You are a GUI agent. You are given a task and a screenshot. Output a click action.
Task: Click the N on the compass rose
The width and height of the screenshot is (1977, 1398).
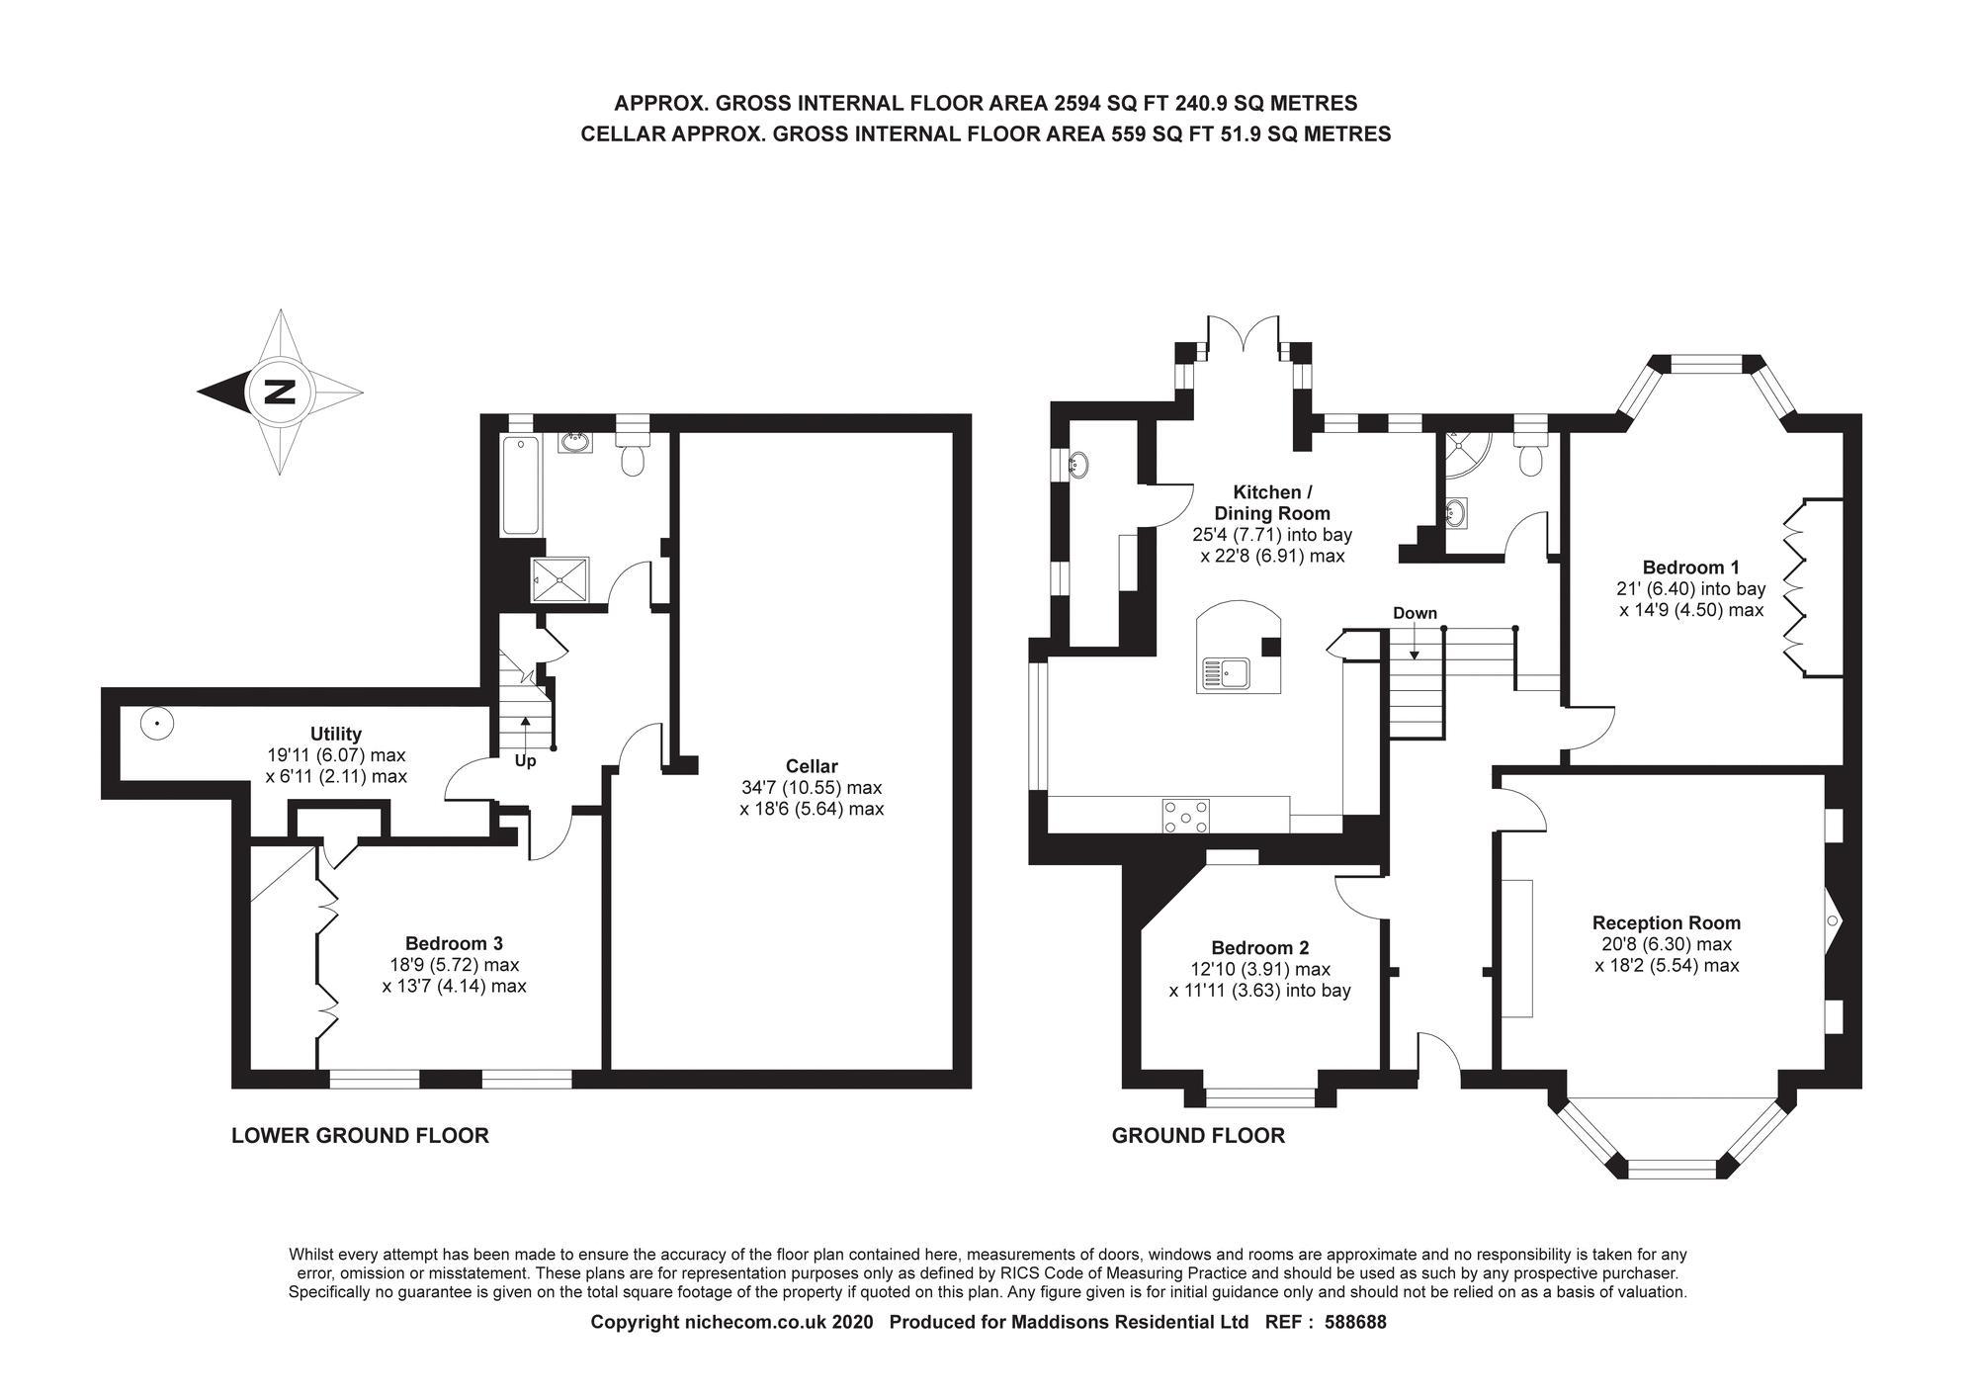tap(281, 393)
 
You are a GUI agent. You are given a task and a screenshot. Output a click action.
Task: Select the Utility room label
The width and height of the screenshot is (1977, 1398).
tap(335, 734)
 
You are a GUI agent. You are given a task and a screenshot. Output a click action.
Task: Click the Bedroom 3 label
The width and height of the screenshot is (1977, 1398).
tap(454, 943)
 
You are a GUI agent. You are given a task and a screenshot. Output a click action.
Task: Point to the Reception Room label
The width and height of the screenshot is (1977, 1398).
tap(1666, 922)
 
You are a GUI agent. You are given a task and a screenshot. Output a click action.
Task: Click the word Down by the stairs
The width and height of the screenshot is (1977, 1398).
tap(1415, 613)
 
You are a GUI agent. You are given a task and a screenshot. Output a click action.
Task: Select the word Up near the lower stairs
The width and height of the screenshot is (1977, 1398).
tap(525, 761)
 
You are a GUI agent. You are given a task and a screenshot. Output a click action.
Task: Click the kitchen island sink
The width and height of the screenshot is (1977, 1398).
tap(1226, 673)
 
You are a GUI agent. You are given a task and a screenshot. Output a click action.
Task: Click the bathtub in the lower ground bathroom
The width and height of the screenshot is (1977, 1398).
tap(520, 485)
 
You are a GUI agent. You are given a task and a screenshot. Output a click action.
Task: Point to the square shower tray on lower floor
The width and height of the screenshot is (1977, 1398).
tap(560, 578)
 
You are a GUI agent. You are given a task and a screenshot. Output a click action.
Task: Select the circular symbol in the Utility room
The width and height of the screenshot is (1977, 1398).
tap(155, 724)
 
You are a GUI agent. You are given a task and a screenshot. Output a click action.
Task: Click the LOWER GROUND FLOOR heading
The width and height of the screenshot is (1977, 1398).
tap(360, 1135)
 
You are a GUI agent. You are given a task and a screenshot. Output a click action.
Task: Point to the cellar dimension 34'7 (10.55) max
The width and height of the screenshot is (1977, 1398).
tap(811, 788)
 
